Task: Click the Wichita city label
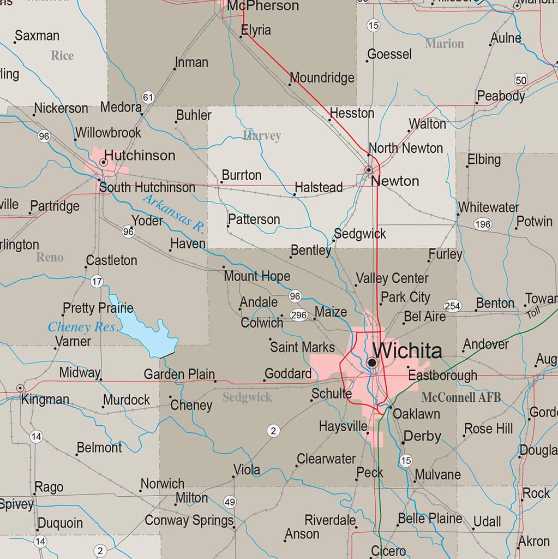[407, 350]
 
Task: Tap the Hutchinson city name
[140, 156]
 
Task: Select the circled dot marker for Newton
[369, 169]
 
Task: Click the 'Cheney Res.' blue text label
[83, 327]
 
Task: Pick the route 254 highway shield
[452, 306]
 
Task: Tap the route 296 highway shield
[299, 315]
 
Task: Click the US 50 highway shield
[521, 80]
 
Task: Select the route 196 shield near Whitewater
[483, 224]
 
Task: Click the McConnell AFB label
[461, 397]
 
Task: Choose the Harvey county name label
[262, 135]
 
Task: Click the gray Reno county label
[50, 257]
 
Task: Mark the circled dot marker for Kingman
[20, 388]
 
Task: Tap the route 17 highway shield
[97, 282]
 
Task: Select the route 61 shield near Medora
[148, 97]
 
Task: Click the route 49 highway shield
[230, 502]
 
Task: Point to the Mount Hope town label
[257, 276]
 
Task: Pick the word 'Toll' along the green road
[533, 313]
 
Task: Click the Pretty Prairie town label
[98, 308]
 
